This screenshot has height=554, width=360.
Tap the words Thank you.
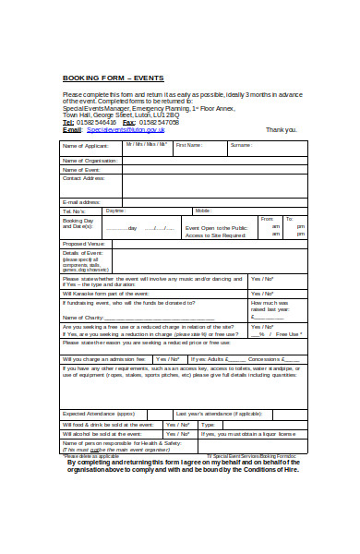tap(281, 130)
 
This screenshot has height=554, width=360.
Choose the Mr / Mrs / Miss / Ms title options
tap(148, 145)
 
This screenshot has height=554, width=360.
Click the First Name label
tap(188, 145)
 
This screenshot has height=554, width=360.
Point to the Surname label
tap(241, 145)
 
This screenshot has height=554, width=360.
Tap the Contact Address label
tap(83, 178)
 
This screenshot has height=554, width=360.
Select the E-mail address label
tap(81, 201)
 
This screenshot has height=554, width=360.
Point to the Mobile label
tap(203, 211)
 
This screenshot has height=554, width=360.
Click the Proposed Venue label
tap(83, 244)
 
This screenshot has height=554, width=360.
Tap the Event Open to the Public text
tap(216, 226)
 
